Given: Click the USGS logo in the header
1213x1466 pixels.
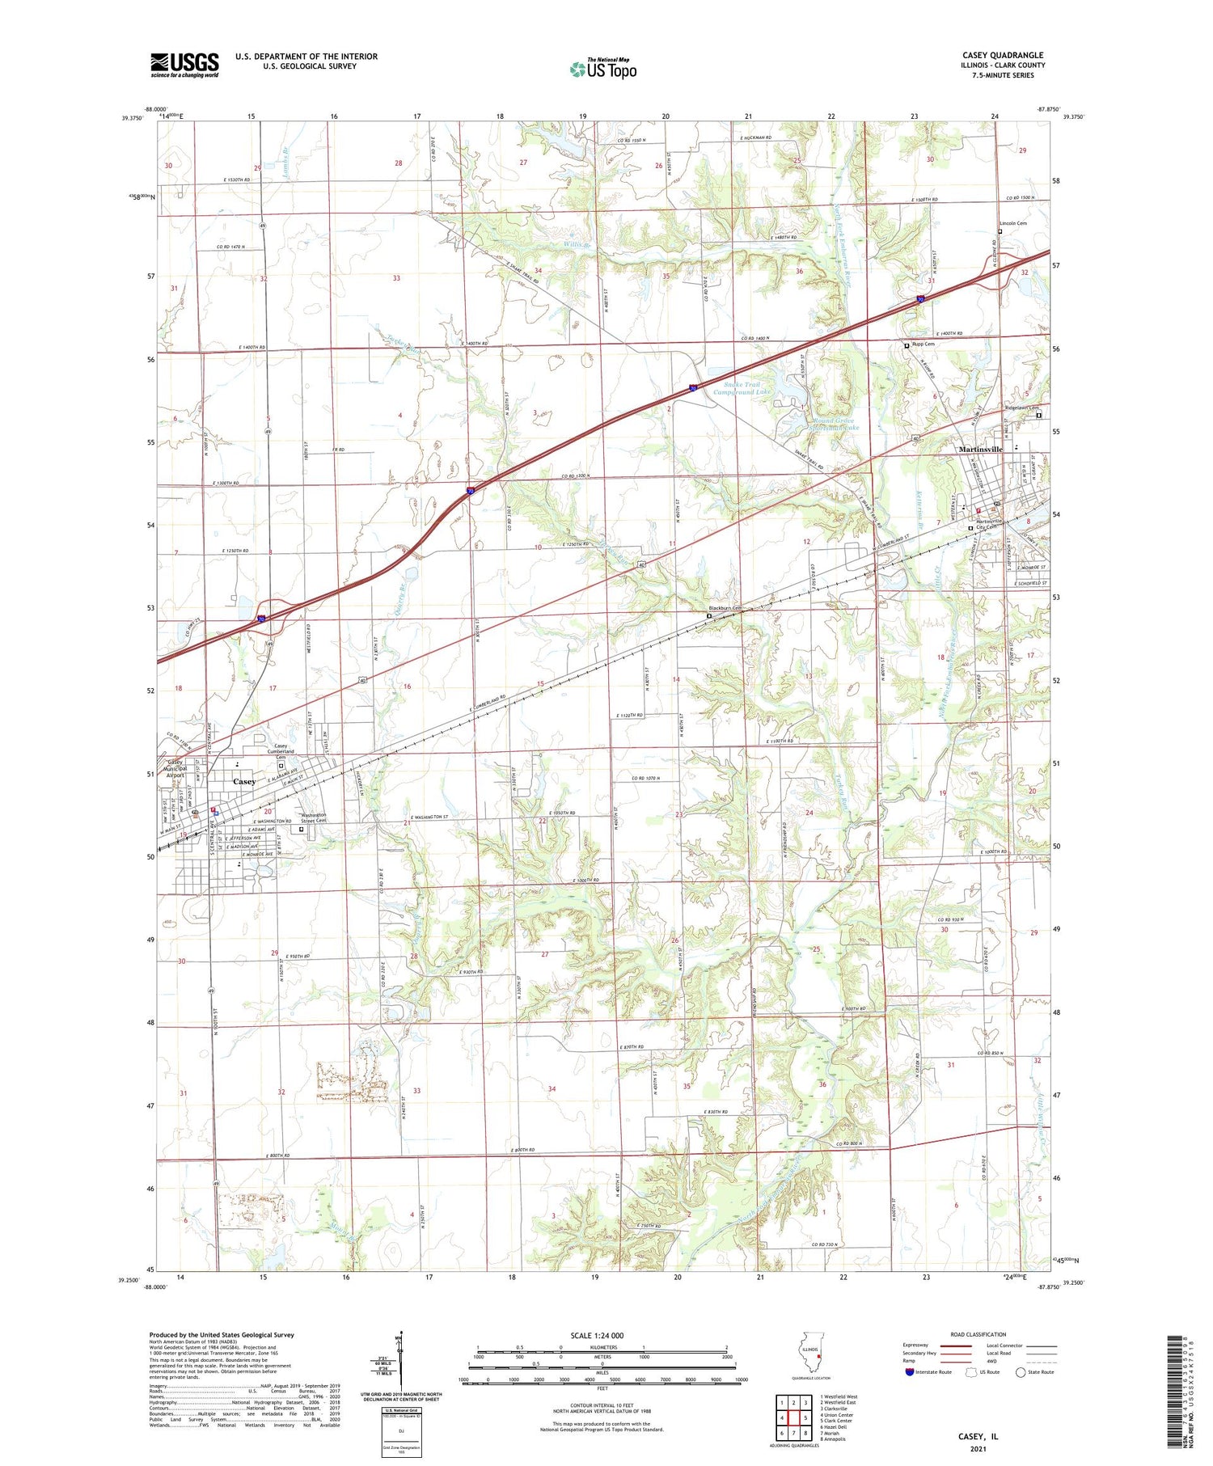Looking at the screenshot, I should [x=184, y=65].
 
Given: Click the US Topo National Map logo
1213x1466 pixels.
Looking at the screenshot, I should [x=602, y=69].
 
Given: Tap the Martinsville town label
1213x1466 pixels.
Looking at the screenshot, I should [x=980, y=449].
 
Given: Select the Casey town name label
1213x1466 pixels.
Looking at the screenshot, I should [x=244, y=781].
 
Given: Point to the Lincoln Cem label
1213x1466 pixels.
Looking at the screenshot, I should [x=1013, y=223].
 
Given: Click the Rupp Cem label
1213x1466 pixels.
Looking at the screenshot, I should [x=923, y=344].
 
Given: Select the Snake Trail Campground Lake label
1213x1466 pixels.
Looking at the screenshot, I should [x=742, y=388].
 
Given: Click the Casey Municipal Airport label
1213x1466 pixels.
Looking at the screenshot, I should [x=175, y=768].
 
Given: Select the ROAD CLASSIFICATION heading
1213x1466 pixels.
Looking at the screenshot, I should [x=978, y=1334].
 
